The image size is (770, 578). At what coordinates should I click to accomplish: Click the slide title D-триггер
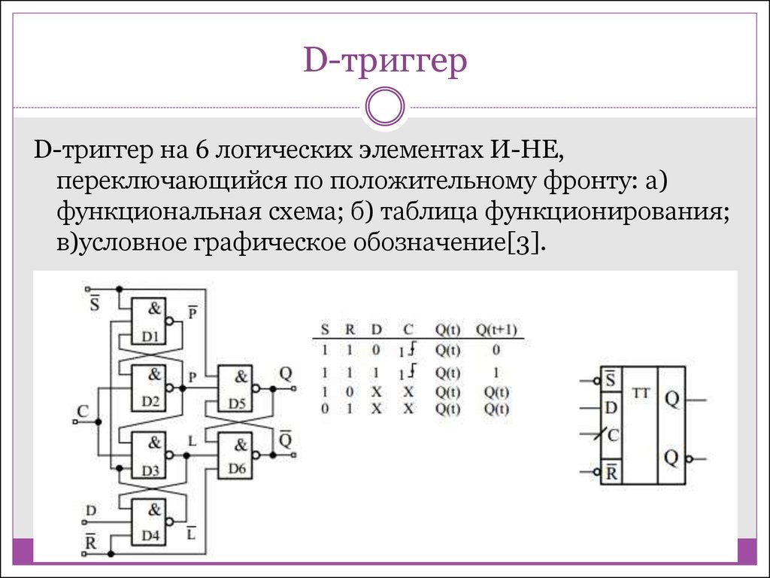(385, 61)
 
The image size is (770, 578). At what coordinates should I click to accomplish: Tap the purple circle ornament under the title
(386, 106)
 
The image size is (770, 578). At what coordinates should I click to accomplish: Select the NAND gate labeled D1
(148, 321)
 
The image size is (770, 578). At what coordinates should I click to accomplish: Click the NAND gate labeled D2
(148, 388)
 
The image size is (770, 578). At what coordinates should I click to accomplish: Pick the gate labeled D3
(148, 455)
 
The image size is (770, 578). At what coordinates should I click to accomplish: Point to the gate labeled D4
(148, 522)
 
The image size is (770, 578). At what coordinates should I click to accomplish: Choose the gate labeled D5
(235, 388)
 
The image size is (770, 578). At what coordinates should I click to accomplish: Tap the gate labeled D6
(235, 455)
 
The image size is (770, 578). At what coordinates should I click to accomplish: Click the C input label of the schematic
(83, 411)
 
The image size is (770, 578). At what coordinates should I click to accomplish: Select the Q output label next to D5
(285, 374)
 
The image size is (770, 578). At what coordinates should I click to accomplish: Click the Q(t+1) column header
(496, 330)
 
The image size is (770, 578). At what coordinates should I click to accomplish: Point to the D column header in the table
(376, 330)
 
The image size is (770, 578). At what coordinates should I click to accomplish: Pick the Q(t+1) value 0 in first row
(496, 350)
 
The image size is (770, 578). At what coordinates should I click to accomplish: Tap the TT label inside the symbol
(641, 393)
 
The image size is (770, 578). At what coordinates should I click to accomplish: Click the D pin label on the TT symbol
(611, 407)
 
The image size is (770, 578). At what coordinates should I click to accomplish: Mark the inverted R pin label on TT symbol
(611, 472)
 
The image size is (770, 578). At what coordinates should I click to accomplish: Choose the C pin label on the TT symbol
(613, 435)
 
